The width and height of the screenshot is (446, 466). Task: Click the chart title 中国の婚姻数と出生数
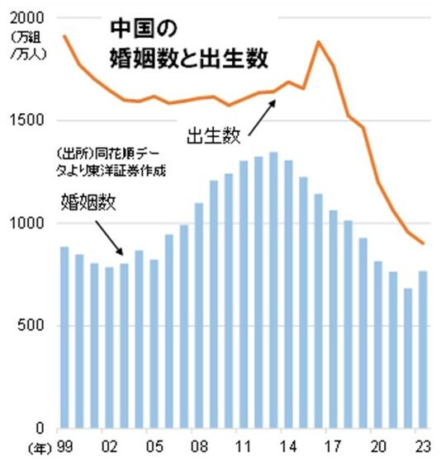pyautogui.click(x=192, y=44)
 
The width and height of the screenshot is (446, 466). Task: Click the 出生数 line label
pyautogui.click(x=211, y=132)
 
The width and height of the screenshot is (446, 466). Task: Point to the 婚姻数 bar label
pyautogui.click(x=88, y=203)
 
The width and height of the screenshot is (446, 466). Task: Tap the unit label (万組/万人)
pyautogui.click(x=27, y=46)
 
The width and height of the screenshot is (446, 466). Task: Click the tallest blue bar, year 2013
pyautogui.click(x=273, y=289)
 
